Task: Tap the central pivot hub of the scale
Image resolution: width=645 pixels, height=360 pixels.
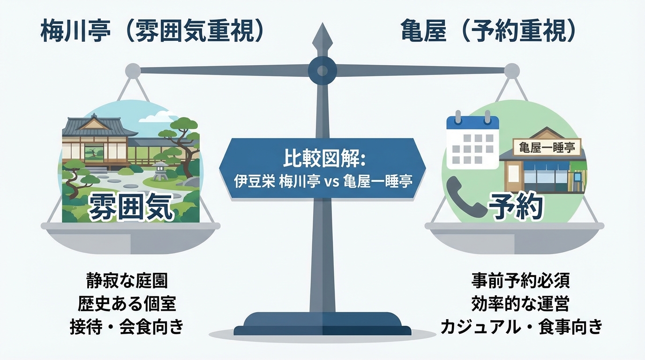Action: pos(322,70)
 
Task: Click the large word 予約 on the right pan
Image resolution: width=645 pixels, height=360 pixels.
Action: pos(516,206)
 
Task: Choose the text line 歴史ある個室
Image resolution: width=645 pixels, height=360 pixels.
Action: pos(127,304)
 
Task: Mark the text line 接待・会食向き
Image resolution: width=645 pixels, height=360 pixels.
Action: pos(127,327)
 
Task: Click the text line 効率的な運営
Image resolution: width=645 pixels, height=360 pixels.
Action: pos(520,304)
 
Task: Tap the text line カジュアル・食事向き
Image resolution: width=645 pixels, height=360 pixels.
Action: pos(520,327)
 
